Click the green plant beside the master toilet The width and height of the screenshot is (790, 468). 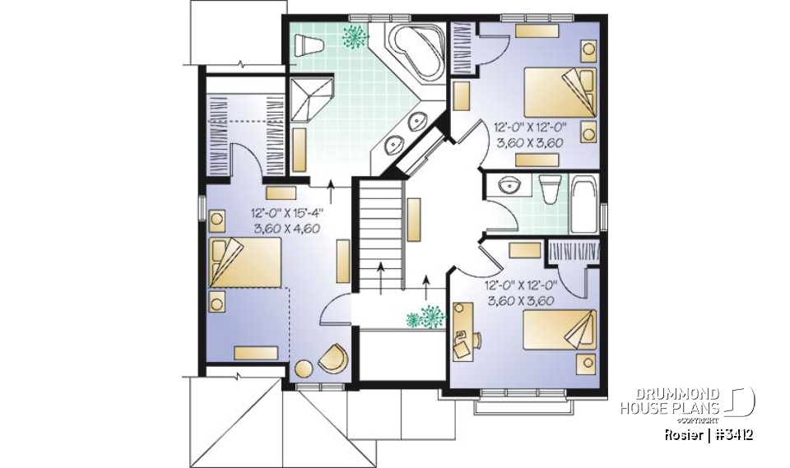tap(355, 36)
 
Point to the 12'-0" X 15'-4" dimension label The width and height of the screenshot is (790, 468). tap(287, 212)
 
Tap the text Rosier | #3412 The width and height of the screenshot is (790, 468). tap(708, 434)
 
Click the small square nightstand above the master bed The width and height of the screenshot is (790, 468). tap(218, 220)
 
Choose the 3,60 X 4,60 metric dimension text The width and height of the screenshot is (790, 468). tap(287, 229)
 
